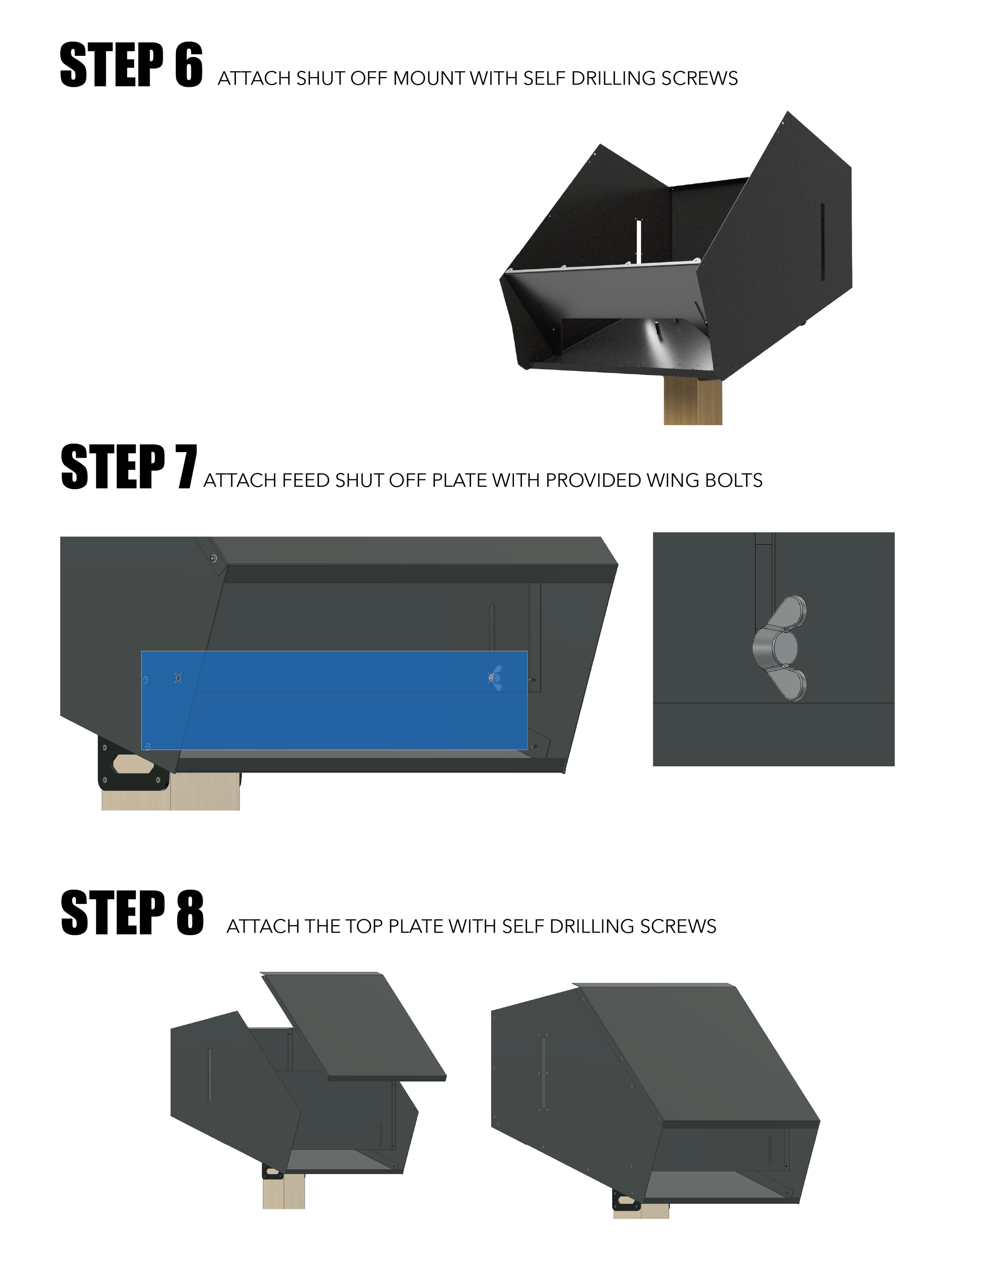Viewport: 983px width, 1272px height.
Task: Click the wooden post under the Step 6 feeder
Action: click(x=693, y=402)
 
